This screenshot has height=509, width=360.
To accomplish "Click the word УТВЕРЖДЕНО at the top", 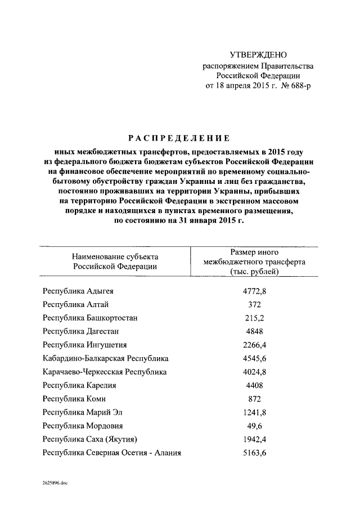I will click(x=258, y=55).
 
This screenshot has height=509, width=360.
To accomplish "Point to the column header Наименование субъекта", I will click(x=115, y=256).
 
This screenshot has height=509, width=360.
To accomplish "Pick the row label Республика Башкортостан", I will click(x=90, y=318).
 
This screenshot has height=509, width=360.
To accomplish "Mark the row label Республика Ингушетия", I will click(x=84, y=345).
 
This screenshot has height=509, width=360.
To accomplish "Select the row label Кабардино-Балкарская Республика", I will click(x=105, y=358).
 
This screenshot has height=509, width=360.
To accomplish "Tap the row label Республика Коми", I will click(x=74, y=399).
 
